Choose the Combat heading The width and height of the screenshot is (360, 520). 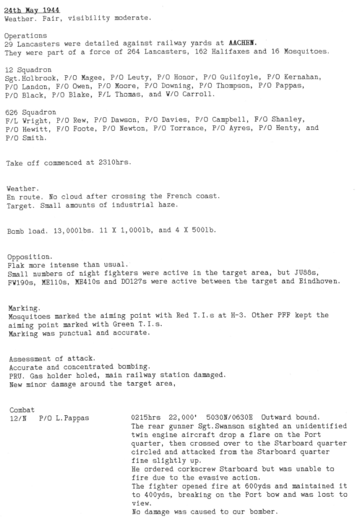click(20, 410)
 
